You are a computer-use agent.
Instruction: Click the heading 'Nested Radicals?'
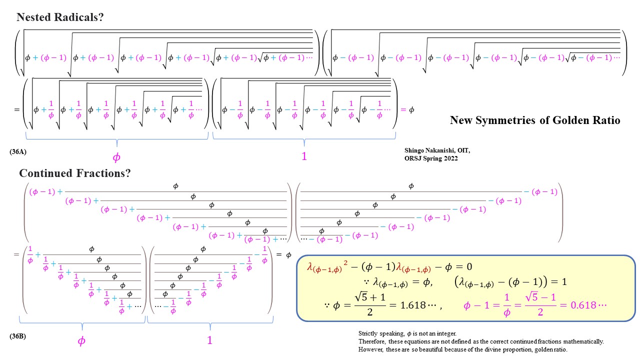(60, 17)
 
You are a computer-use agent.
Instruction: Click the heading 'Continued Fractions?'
(75, 173)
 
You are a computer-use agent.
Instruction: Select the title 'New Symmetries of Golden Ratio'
(535, 120)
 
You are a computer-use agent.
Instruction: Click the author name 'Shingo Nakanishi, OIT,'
(437, 150)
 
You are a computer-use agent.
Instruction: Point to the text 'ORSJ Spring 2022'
(431, 158)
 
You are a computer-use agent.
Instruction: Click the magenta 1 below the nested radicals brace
(304, 156)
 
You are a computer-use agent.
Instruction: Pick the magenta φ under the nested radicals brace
(116, 157)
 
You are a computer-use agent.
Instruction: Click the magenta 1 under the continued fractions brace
(210, 340)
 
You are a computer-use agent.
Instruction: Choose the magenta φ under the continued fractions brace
(81, 341)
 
